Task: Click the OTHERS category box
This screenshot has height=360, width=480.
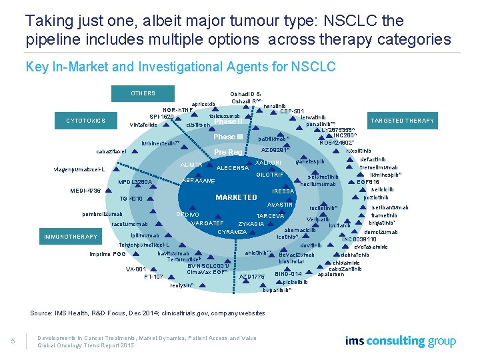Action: click(143, 93)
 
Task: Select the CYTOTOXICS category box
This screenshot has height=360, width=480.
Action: click(86, 121)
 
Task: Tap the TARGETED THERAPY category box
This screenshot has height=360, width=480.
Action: click(403, 121)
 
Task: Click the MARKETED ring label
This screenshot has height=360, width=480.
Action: click(236, 197)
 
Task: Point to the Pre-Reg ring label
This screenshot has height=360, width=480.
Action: click(229, 153)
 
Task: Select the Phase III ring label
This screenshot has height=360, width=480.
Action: click(229, 137)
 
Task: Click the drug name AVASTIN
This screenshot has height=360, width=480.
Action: click(280, 204)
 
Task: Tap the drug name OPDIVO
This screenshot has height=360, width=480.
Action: click(187, 214)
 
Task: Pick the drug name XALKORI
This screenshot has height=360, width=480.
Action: click(269, 163)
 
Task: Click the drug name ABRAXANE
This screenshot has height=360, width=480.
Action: click(199, 181)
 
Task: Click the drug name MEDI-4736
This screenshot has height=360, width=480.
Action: click(85, 191)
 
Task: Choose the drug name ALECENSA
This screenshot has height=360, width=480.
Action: click(233, 168)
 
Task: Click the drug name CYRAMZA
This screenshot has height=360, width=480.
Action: click(232, 232)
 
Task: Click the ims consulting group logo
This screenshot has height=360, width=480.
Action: click(401, 341)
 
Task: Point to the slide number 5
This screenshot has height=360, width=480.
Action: click(13, 342)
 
